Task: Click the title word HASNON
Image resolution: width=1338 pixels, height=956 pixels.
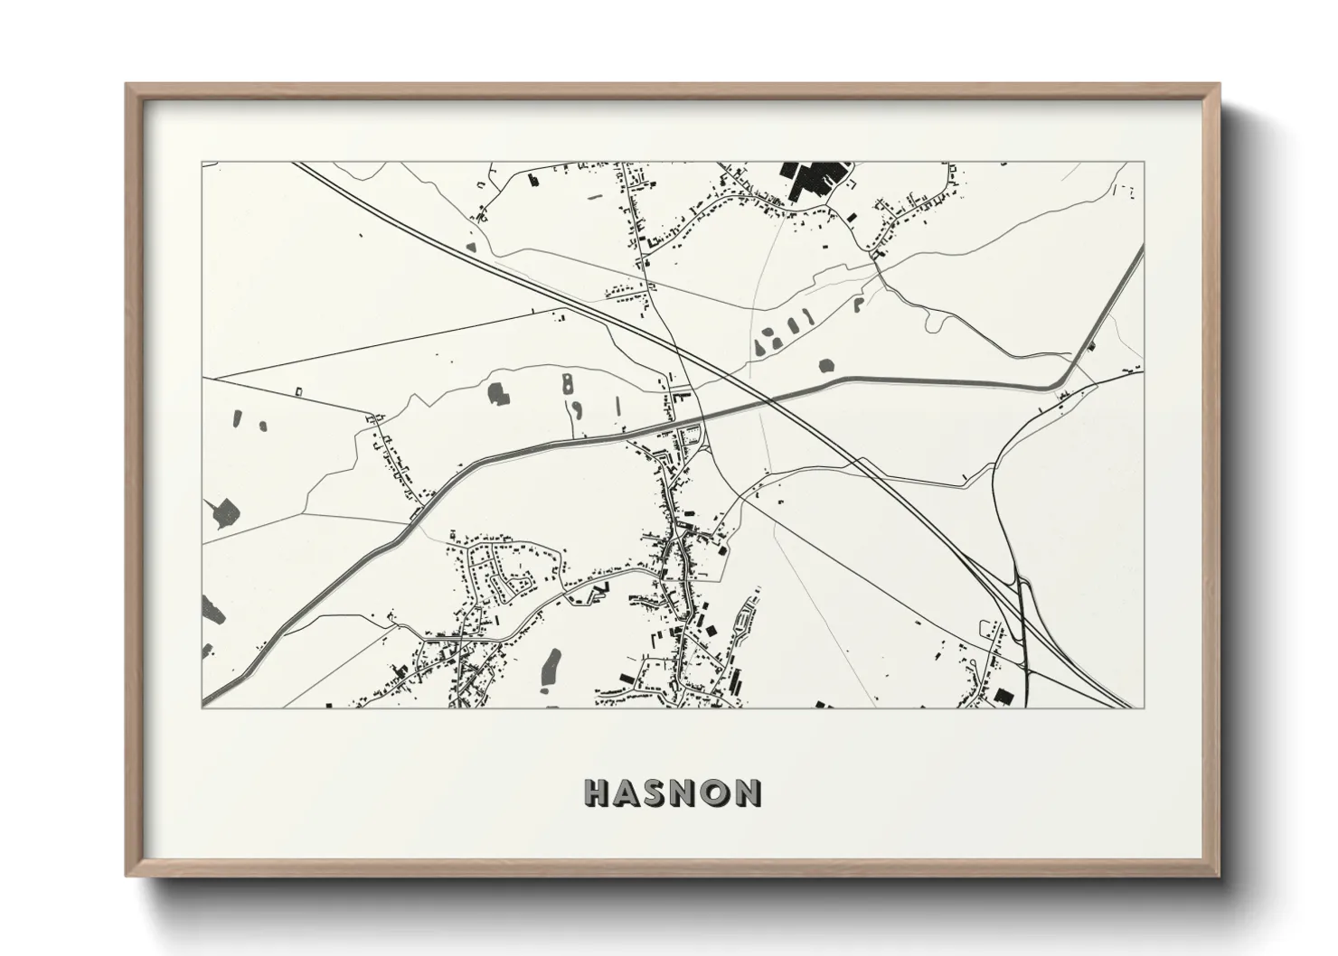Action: click(x=673, y=792)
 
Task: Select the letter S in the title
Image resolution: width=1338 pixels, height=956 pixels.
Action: click(x=658, y=792)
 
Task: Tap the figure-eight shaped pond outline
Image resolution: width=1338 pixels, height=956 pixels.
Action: click(x=567, y=381)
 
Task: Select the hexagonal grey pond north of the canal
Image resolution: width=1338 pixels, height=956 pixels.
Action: click(x=825, y=366)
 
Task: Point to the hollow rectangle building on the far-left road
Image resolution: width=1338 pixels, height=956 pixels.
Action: click(x=298, y=390)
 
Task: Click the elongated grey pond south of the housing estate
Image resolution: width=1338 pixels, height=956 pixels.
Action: click(x=548, y=667)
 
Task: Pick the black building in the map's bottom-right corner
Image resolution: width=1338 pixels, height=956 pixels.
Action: click(x=1003, y=696)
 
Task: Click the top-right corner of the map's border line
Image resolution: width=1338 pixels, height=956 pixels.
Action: click(x=1144, y=163)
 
